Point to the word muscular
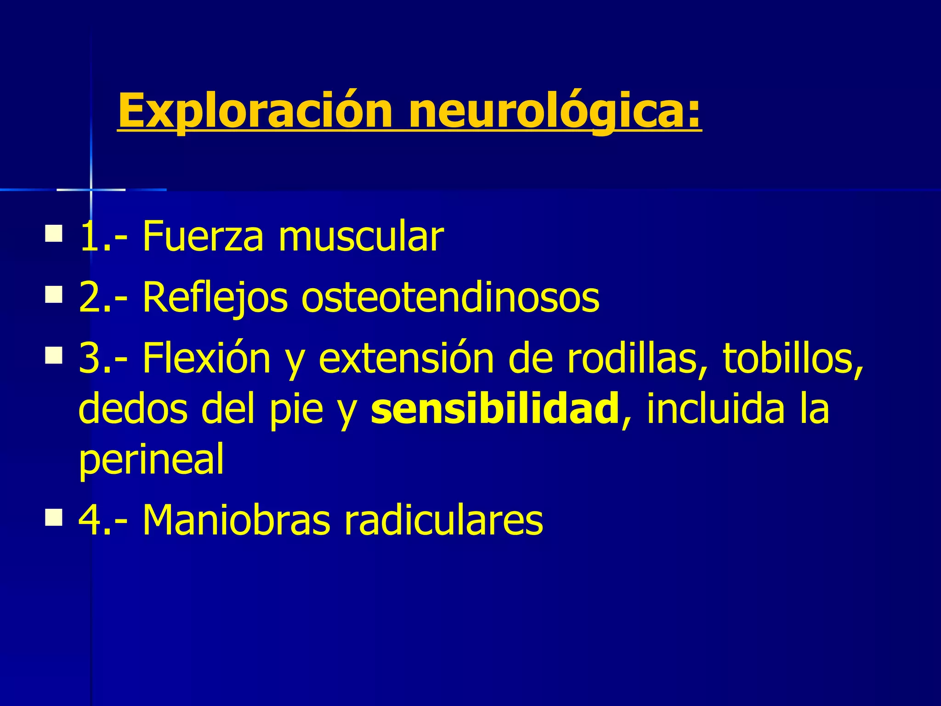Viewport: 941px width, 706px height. coord(361,237)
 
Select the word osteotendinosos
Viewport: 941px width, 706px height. coord(450,298)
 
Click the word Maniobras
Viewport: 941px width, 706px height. coord(237,520)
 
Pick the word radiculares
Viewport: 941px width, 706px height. coord(444,520)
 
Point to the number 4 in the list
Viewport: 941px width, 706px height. coord(89,520)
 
